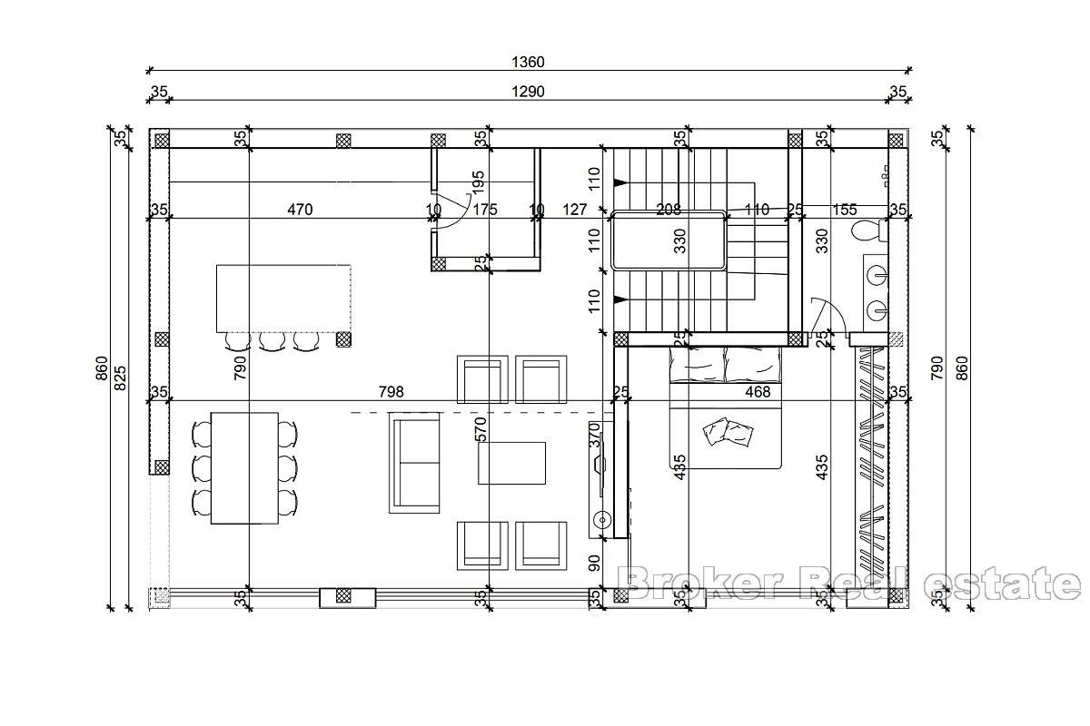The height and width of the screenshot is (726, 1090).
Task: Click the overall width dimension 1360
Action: pyautogui.click(x=528, y=63)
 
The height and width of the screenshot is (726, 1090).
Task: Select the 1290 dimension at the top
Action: pyautogui.click(x=528, y=91)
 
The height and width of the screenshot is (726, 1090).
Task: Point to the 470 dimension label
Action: pyautogui.click(x=300, y=210)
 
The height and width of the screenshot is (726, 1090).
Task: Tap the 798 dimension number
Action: pyautogui.click(x=391, y=392)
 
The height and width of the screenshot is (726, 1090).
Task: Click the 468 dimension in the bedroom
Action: pyautogui.click(x=757, y=392)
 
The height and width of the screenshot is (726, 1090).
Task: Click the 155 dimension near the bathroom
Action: pyautogui.click(x=845, y=210)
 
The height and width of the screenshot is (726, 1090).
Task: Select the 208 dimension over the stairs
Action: pyautogui.click(x=669, y=210)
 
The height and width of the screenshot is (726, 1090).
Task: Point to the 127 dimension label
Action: pyautogui.click(x=574, y=210)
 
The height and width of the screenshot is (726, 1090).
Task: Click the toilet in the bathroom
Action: pyautogui.click(x=867, y=232)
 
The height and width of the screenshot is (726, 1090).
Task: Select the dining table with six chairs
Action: pyautogui.click(x=244, y=468)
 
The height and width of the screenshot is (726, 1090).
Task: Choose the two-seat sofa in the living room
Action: pyautogui.click(x=415, y=462)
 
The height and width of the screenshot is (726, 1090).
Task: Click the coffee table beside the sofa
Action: pyautogui.click(x=512, y=463)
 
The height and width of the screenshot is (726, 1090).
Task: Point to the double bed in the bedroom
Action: pyautogui.click(x=726, y=408)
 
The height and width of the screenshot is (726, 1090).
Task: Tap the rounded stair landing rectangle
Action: pyautogui.click(x=669, y=240)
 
